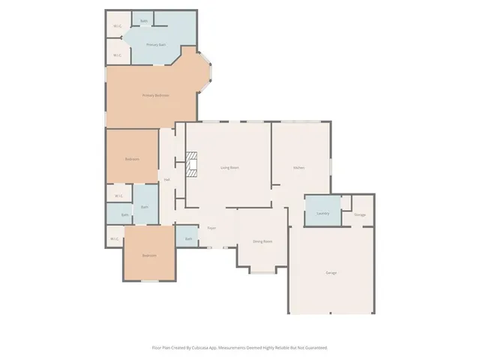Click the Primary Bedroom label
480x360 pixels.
pos(156,95)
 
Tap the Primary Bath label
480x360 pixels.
pos(155,45)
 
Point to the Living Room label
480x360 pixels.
pos(229,167)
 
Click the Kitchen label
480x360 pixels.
pos(298,167)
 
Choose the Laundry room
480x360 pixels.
pos(323,213)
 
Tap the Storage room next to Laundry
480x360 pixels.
pos(360,214)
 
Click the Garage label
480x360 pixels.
pos(331,272)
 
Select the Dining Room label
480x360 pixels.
pos(262,241)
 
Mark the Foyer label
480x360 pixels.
pos(212,227)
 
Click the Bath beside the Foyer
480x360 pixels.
pos(187,239)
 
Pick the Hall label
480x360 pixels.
pos(166,179)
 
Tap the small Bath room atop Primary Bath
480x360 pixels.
pos(143,20)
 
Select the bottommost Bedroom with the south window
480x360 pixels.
pos(149,256)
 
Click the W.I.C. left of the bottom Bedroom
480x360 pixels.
pos(114,239)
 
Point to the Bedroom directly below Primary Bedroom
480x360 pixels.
pos(131,159)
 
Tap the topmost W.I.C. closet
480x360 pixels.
pos(117,27)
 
